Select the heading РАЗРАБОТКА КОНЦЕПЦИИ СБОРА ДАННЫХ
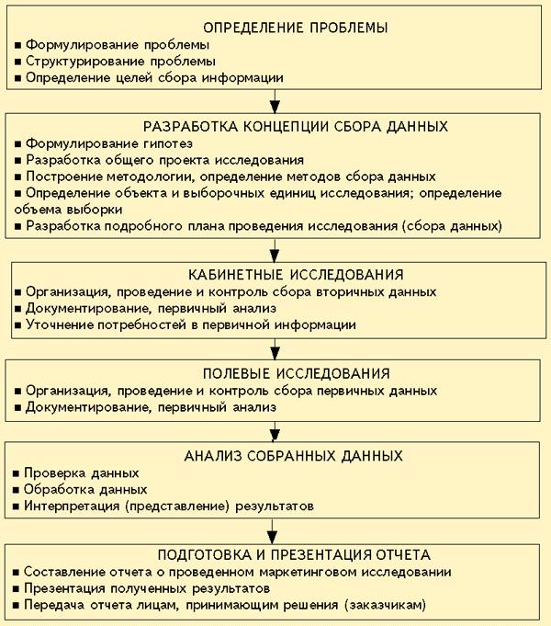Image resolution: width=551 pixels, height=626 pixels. tap(276, 126)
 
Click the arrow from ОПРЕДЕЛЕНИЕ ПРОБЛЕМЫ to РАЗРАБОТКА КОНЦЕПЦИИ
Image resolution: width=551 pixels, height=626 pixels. tap(275, 101)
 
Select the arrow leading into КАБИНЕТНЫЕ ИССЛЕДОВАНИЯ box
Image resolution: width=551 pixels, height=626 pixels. tap(275, 250)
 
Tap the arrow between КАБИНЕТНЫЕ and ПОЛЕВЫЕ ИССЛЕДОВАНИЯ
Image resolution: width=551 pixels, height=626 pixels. tap(275, 349)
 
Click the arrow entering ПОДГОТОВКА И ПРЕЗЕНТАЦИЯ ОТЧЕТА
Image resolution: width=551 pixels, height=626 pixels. tap(275, 530)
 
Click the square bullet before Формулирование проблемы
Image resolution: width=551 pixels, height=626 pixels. tap(18, 44)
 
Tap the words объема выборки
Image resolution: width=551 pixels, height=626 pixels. tap(63, 209)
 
